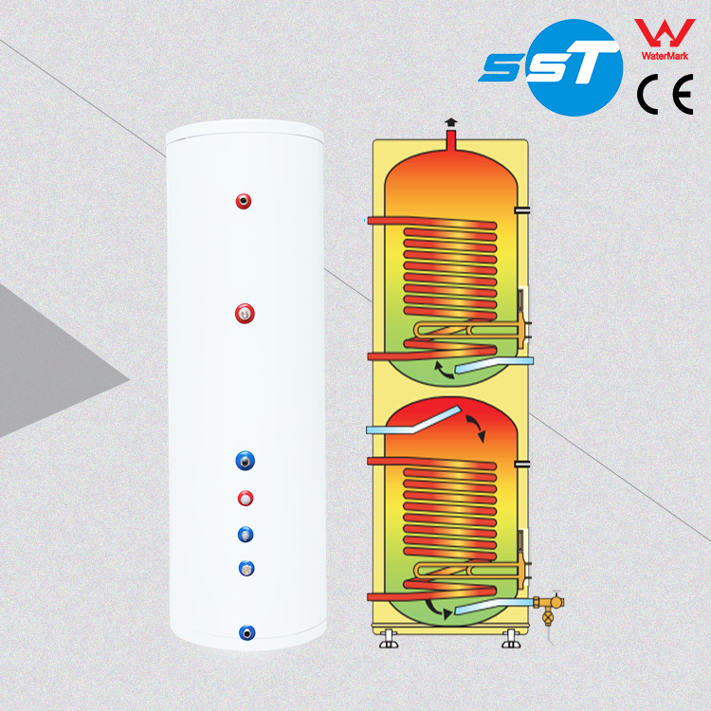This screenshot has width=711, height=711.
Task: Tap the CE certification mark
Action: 660,96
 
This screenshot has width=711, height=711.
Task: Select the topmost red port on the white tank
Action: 246,200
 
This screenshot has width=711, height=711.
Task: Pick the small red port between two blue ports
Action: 246,497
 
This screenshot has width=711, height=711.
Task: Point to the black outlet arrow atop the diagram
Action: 450,123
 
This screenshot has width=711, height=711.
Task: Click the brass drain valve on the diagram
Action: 548,604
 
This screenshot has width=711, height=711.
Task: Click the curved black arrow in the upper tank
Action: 441,369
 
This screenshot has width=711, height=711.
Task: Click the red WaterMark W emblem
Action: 660,32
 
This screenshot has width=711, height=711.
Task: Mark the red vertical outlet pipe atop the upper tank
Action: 450,140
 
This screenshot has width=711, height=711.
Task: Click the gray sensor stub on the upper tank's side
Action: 522,209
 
